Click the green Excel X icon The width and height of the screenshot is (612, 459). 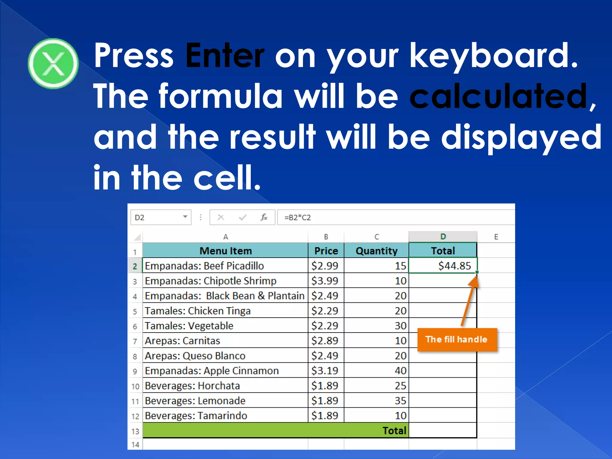pyautogui.click(x=53, y=63)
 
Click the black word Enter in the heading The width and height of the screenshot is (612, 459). pyautogui.click(x=225, y=56)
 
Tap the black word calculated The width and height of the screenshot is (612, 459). pyautogui.click(x=498, y=96)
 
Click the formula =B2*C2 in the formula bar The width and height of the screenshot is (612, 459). pyautogui.click(x=297, y=217)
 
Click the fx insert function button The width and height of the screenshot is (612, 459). pyautogui.click(x=264, y=217)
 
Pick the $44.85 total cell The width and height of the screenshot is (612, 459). pyautogui.click(x=443, y=266)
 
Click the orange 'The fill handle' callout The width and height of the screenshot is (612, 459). pyautogui.click(x=457, y=339)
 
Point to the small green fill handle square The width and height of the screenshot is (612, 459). pyautogui.click(x=477, y=272)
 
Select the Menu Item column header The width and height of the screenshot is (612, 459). pyautogui.click(x=225, y=251)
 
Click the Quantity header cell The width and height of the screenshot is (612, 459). pyautogui.click(x=376, y=251)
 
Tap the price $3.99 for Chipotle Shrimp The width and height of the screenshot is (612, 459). pyautogui.click(x=325, y=281)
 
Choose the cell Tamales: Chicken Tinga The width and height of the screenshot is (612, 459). pyautogui.click(x=198, y=311)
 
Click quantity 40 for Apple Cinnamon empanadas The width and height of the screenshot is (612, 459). pyautogui.click(x=400, y=371)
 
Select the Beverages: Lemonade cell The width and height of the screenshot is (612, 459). pyautogui.click(x=195, y=400)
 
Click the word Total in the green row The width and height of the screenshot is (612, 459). pyautogui.click(x=394, y=431)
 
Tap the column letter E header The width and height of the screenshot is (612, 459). pyautogui.click(x=496, y=237)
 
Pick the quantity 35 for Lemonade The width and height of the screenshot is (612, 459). pyautogui.click(x=400, y=400)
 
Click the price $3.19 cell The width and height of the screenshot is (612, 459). pyautogui.click(x=325, y=371)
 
